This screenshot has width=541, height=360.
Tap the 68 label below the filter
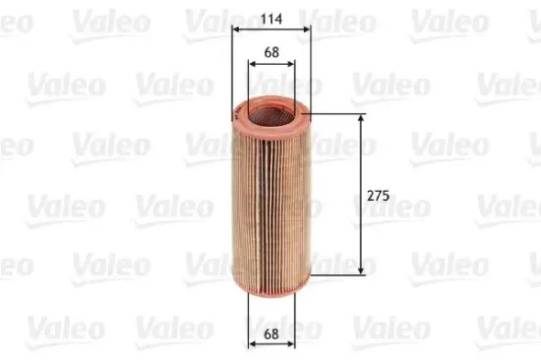click(x=271, y=336)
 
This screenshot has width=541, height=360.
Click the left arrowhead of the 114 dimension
click(x=234, y=30)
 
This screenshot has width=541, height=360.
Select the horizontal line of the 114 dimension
click(x=271, y=30)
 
